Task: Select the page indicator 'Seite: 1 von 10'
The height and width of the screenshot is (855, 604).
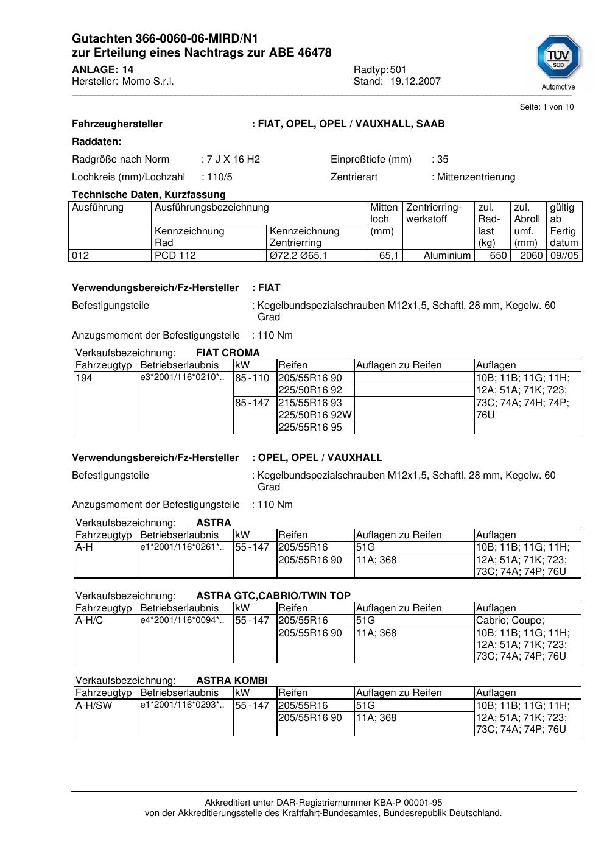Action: pyautogui.click(x=546, y=107)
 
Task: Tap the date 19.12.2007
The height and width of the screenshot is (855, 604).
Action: pyautogui.click(x=415, y=82)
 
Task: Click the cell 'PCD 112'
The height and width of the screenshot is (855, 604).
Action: pyautogui.click(x=175, y=256)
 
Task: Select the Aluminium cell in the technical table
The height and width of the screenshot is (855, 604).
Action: pyautogui.click(x=447, y=256)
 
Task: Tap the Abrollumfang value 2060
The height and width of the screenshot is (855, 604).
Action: pyautogui.click(x=531, y=256)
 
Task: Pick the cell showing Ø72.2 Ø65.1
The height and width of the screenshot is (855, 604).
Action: pyautogui.click(x=298, y=256)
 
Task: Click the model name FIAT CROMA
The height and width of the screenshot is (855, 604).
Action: pyautogui.click(x=228, y=353)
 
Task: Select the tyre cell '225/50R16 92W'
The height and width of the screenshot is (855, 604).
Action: pyautogui.click(x=315, y=415)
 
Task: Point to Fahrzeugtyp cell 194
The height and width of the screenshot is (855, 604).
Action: pyautogui.click(x=83, y=378)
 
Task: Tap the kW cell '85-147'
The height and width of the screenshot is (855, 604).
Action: pyautogui.click(x=252, y=403)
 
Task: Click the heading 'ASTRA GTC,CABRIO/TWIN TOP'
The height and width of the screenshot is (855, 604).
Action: pyautogui.click(x=273, y=596)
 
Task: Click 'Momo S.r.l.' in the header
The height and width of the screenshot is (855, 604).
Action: pyautogui.click(x=148, y=82)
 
